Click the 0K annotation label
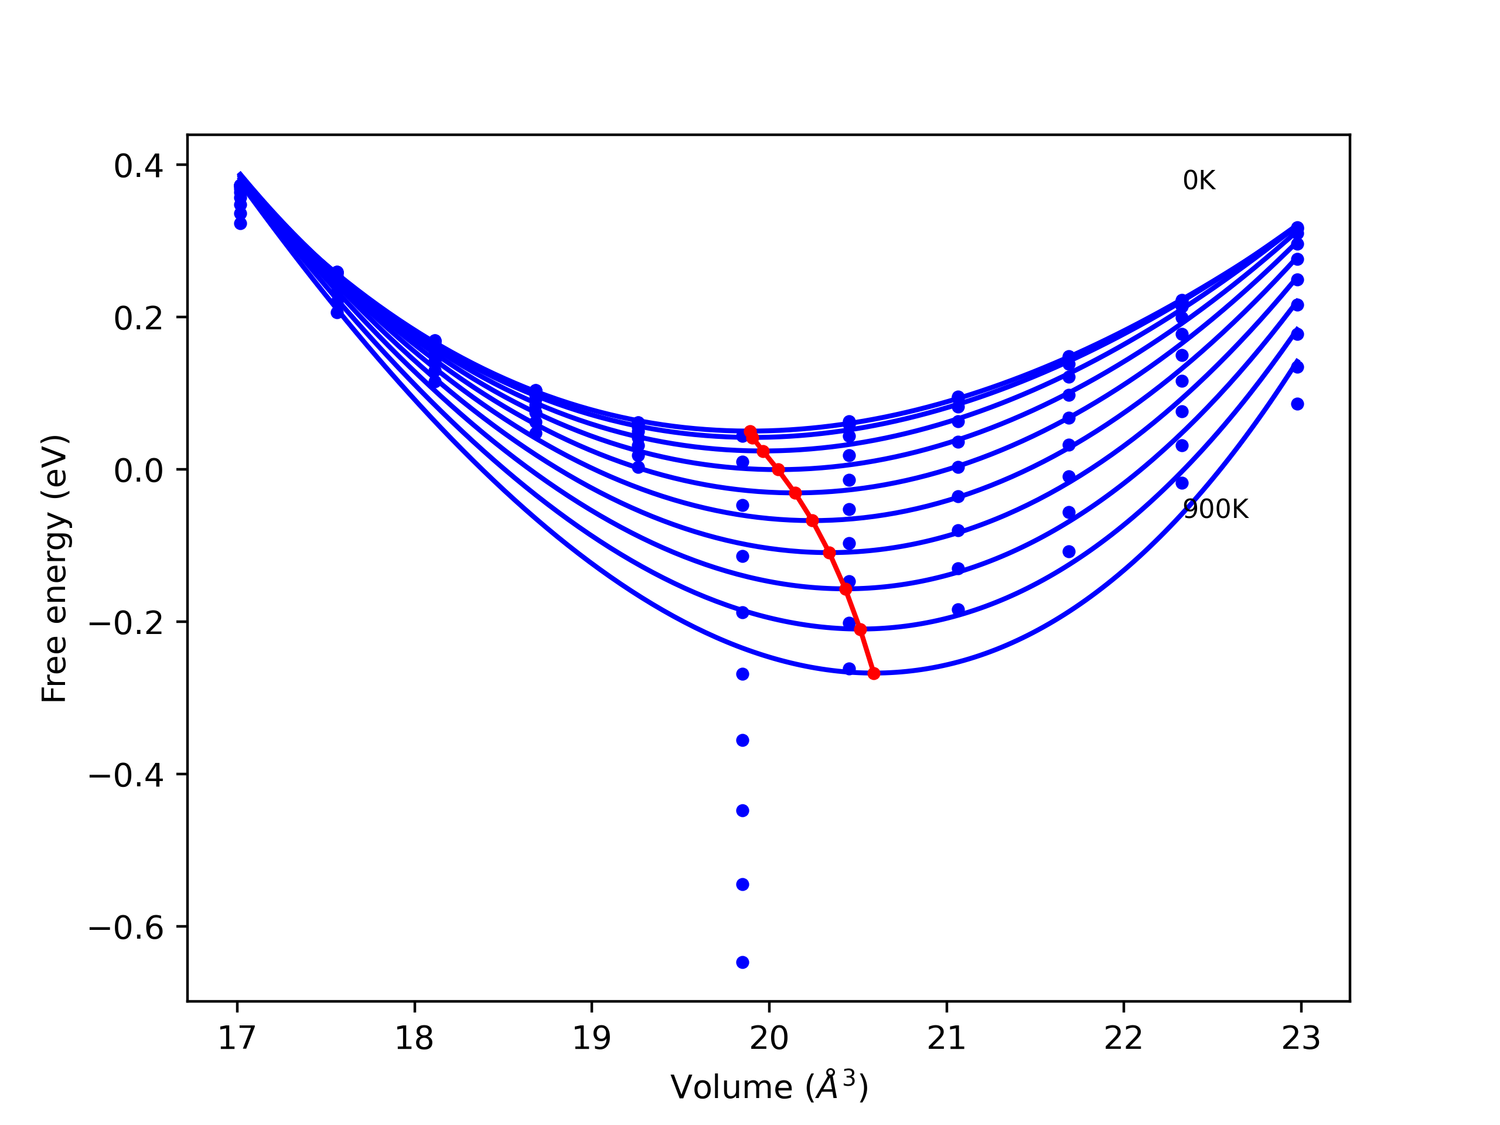(1199, 181)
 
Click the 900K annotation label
(1215, 509)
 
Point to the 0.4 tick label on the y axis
(138, 166)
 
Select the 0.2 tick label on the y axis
(138, 319)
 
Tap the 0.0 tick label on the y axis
(138, 471)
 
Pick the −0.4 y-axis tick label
(126, 775)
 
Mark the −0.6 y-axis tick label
(126, 928)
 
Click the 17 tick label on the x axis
(237, 1038)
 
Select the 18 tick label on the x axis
(414, 1038)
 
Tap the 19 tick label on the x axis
(592, 1038)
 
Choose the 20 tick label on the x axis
(769, 1038)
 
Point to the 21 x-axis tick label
(947, 1038)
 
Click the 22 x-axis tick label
(1124, 1038)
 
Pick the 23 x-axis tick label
(1301, 1038)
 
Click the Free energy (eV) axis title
(54, 568)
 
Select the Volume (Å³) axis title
(769, 1087)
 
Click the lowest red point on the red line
(874, 673)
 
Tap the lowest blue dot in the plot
(742, 962)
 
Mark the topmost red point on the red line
(750, 432)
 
